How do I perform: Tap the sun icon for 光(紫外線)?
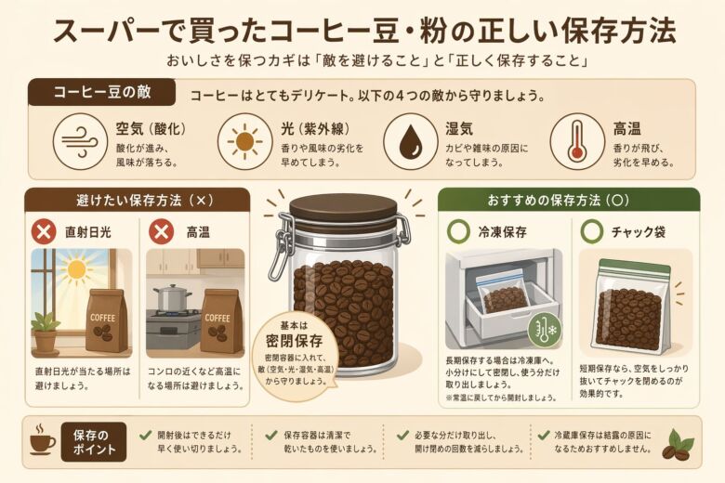[x=244, y=142]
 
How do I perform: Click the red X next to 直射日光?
[x=44, y=230]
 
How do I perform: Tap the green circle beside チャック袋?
[x=590, y=230]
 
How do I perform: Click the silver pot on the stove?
[x=172, y=298]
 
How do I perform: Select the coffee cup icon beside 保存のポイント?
[x=41, y=440]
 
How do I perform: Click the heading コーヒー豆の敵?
[x=101, y=94]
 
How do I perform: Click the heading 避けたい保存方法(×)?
[x=137, y=199]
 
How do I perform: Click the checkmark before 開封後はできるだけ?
[x=145, y=434]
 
